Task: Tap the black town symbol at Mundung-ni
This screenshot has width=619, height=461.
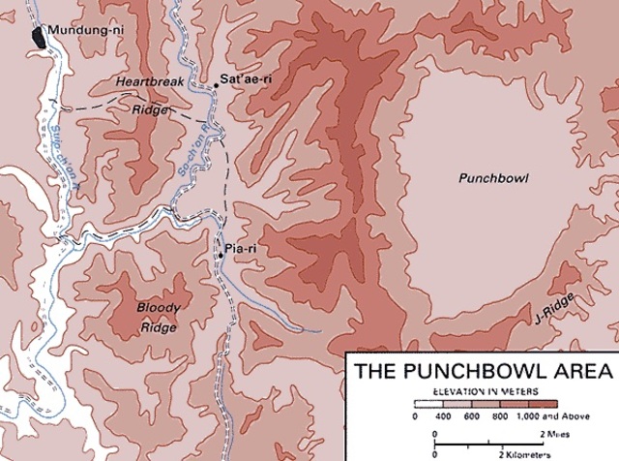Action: click(40, 37)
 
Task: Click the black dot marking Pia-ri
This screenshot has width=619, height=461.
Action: click(221, 256)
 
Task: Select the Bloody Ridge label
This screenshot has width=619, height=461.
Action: click(158, 317)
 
